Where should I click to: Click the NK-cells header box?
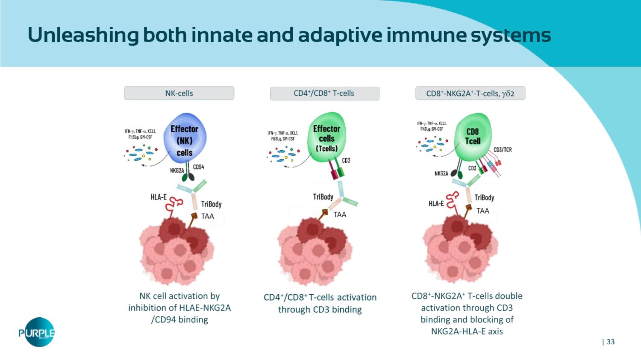click(x=179, y=93)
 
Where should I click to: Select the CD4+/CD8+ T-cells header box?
click(x=324, y=94)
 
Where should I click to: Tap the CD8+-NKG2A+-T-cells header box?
click(x=470, y=94)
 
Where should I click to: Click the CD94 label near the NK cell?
click(x=199, y=167)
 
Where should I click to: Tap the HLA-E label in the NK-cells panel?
click(x=159, y=197)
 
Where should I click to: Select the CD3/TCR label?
click(x=503, y=149)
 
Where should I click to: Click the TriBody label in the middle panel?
click(x=323, y=196)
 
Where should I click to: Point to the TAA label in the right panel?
click(x=483, y=211)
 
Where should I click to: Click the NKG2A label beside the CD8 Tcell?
click(x=441, y=173)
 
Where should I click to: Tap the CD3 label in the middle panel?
click(x=346, y=161)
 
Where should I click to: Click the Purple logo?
click(x=37, y=332)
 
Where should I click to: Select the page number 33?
click(x=610, y=342)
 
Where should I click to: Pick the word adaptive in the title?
click(x=340, y=35)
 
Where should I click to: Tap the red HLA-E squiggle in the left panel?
click(x=174, y=204)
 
